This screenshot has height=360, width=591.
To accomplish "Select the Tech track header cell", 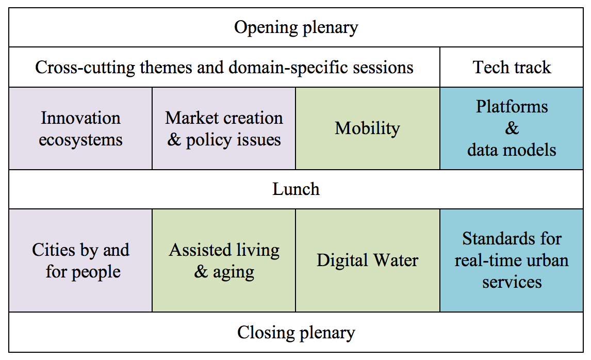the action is [x=512, y=67].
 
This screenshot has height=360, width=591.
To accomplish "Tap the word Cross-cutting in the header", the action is [x=85, y=68].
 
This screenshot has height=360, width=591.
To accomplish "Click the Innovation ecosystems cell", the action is [x=80, y=128].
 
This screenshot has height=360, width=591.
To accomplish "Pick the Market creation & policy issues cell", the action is [x=224, y=128].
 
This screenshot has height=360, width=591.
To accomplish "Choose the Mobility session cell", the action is [x=368, y=128].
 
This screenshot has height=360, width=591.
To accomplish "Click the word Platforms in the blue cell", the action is [x=512, y=106].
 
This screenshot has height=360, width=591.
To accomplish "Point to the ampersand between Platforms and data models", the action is [x=512, y=128].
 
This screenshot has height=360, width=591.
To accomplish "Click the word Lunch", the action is [x=296, y=189].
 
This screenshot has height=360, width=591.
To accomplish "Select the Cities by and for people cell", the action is [x=80, y=260].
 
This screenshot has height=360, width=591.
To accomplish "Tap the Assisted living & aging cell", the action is [x=224, y=260].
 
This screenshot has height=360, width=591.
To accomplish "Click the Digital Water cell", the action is [x=368, y=260].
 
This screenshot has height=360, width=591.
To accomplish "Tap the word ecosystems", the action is [x=80, y=140].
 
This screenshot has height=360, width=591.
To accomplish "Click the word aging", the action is [x=233, y=272].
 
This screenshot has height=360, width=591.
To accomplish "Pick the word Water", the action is [x=396, y=260].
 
